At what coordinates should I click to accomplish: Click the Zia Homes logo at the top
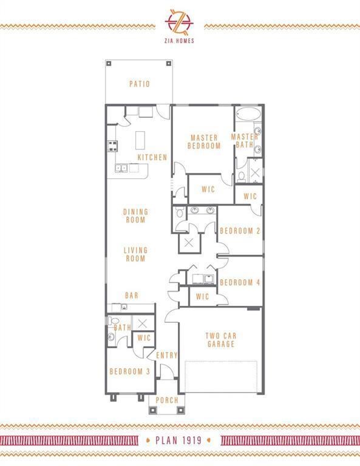(x=179, y=26)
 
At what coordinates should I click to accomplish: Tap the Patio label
(x=140, y=84)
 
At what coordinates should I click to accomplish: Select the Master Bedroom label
(x=204, y=142)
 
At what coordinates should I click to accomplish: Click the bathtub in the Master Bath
(x=248, y=114)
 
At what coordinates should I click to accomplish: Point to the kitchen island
(x=140, y=140)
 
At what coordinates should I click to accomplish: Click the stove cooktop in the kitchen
(x=112, y=146)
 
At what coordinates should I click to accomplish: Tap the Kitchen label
(x=152, y=157)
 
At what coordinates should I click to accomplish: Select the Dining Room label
(x=135, y=216)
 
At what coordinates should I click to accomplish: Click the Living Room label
(x=135, y=254)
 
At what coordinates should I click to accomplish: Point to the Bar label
(x=132, y=295)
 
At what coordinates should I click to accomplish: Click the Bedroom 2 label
(x=240, y=231)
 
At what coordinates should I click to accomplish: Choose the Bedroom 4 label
(x=240, y=282)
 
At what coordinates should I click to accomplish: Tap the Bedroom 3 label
(x=129, y=371)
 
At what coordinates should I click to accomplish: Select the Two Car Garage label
(x=221, y=340)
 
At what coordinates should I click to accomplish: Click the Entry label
(x=167, y=355)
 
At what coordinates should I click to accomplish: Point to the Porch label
(x=167, y=400)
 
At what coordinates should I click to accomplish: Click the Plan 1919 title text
(x=178, y=441)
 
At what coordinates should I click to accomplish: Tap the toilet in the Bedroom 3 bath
(x=114, y=321)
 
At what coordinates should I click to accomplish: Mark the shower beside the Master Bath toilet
(x=256, y=172)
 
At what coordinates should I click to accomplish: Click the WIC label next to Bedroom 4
(x=202, y=296)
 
